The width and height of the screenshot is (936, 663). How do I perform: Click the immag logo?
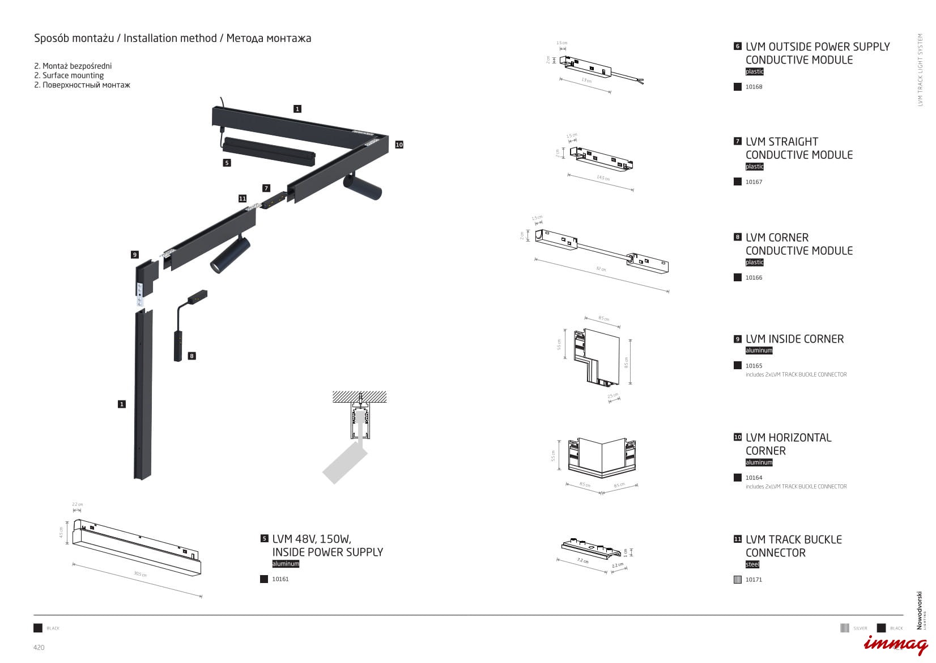(896, 645)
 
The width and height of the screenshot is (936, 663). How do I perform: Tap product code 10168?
(754, 87)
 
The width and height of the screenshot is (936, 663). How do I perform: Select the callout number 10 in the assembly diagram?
(399, 145)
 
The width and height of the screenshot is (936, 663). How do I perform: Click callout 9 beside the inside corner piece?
(135, 255)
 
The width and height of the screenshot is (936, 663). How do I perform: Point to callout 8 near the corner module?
(192, 356)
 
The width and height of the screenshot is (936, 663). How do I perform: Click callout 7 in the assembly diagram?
(266, 188)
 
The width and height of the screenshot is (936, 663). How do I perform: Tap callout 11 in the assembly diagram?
(242, 199)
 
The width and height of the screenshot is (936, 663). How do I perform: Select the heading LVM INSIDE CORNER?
(794, 339)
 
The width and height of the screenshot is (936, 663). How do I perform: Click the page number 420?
(39, 647)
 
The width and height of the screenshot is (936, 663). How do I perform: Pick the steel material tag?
(752, 564)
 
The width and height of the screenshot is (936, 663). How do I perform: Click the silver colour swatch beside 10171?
(737, 580)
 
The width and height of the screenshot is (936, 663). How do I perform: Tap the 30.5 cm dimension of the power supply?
(140, 575)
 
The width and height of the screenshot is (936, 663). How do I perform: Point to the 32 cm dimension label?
(601, 269)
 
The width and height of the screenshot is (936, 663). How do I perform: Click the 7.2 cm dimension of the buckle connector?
(582, 560)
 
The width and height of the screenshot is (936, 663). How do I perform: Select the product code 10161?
(280, 579)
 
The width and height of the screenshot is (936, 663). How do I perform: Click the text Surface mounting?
(73, 75)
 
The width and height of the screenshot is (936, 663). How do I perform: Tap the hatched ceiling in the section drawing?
(359, 395)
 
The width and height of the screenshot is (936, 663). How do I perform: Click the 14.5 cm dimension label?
(603, 178)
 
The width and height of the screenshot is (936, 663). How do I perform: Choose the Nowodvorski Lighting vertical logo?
(920, 610)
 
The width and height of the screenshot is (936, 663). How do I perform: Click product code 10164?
(754, 478)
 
